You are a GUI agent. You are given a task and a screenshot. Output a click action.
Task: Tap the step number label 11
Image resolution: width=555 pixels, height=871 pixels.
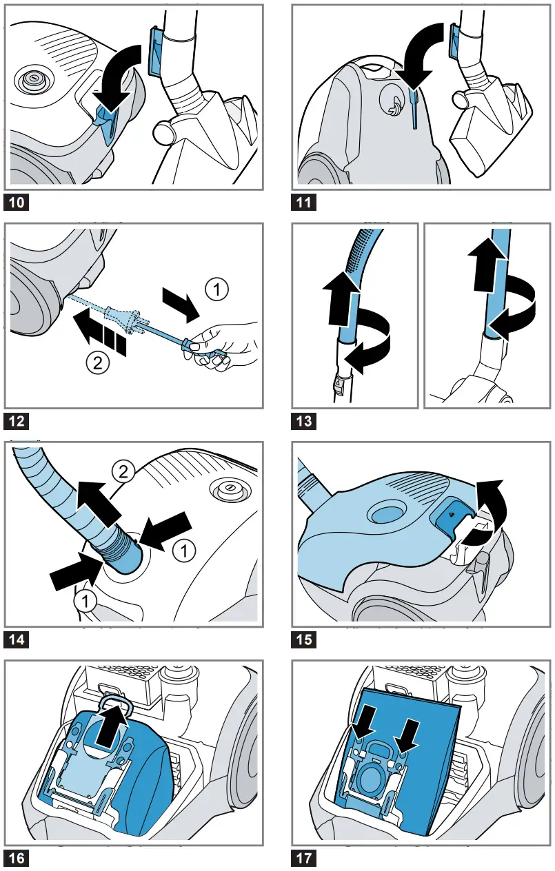tap(304, 203)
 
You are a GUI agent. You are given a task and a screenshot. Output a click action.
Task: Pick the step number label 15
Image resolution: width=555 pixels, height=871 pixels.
tap(304, 639)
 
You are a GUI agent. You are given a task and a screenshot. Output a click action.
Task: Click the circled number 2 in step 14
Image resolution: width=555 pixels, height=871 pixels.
tap(121, 473)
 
